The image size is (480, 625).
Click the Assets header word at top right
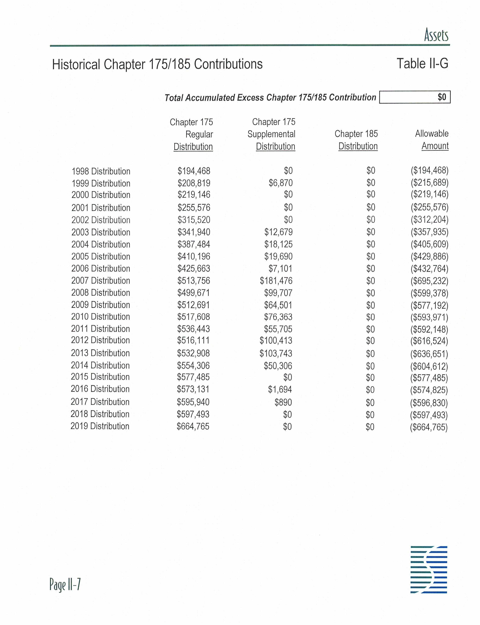[x=436, y=35]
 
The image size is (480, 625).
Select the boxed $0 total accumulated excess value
[x=442, y=97]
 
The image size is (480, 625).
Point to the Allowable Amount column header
[x=432, y=140]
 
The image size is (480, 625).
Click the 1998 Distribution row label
[x=101, y=171]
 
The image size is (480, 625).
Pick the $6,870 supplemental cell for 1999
[x=281, y=183]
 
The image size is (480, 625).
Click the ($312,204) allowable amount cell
[x=429, y=219]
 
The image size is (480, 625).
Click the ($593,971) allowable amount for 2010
[x=429, y=317]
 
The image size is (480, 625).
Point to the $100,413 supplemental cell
[x=276, y=340]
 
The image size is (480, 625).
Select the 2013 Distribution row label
[x=100, y=353]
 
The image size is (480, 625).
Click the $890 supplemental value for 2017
[x=283, y=402]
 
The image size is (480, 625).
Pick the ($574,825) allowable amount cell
[x=429, y=390]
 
